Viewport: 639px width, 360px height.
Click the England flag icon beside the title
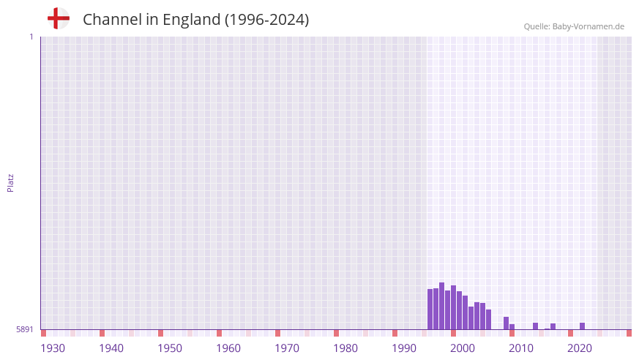point(58,18)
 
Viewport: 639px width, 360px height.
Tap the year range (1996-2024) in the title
point(266,20)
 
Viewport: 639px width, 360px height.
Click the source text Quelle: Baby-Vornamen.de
point(573,26)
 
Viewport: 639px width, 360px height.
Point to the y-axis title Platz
point(10,182)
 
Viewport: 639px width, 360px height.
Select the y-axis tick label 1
point(31,37)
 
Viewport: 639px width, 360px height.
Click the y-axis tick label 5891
point(25,329)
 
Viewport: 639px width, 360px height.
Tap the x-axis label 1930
point(53,348)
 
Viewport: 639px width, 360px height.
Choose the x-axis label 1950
point(170,348)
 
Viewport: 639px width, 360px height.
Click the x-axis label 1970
point(287,348)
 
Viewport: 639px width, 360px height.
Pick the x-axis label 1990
point(404,348)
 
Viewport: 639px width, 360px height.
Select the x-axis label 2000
point(463,348)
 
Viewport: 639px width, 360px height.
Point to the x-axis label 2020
point(580,348)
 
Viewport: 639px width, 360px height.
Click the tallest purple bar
point(441,306)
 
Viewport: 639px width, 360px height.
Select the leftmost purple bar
point(430,309)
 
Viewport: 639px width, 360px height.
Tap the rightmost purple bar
point(582,326)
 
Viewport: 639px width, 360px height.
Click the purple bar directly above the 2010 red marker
point(512,326)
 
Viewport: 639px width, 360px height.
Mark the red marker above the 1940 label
point(102,333)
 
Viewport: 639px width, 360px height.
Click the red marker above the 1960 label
point(219,333)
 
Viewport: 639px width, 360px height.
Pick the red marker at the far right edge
point(629,333)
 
